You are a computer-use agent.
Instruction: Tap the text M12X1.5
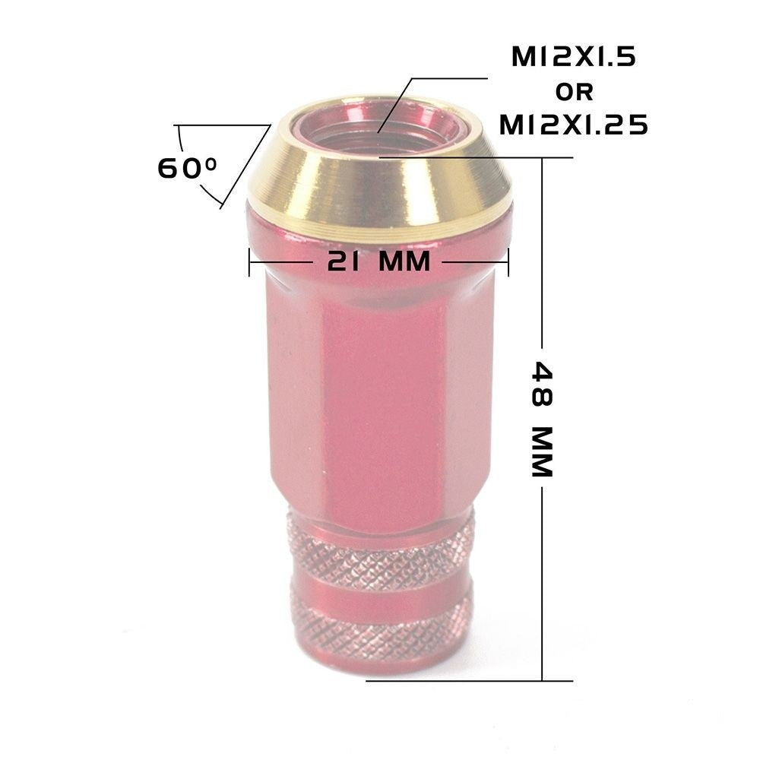pos(574,59)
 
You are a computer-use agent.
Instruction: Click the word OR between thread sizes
pos(575,92)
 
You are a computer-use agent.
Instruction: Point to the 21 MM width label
pos(378,262)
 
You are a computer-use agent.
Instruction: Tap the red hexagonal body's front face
pos(380,403)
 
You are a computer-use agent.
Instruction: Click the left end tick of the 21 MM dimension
pos(249,262)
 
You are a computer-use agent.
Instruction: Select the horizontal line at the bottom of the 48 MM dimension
pos(471,680)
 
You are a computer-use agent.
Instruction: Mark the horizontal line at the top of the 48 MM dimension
pos(479,157)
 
